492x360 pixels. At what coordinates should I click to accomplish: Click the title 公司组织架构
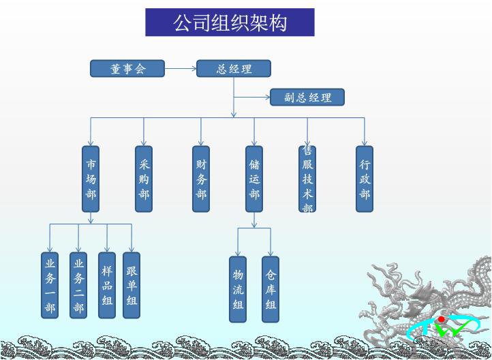point(230,22)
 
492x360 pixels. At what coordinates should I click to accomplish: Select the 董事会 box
point(127,68)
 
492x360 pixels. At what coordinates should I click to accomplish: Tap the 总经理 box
point(234,68)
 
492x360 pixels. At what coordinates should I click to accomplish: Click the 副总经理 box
point(307,97)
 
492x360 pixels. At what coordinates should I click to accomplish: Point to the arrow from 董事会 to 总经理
point(181,68)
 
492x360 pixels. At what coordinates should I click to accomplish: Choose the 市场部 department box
point(91,179)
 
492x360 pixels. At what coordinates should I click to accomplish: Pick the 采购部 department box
point(144,179)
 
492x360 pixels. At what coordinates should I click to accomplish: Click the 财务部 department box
point(201,179)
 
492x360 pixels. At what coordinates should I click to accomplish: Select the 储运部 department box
point(254,179)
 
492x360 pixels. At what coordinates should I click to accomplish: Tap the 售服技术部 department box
point(307,179)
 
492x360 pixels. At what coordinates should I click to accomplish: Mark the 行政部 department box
point(365,179)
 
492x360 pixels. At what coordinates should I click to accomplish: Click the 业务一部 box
point(50,285)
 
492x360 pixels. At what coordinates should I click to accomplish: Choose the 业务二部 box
point(78,285)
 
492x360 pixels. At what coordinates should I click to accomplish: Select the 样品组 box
point(107,285)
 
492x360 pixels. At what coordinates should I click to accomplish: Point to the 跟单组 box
point(132,285)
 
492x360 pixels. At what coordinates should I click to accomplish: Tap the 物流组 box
point(238,289)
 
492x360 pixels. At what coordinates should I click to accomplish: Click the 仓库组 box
point(271,289)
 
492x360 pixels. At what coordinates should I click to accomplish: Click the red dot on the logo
point(442,319)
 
